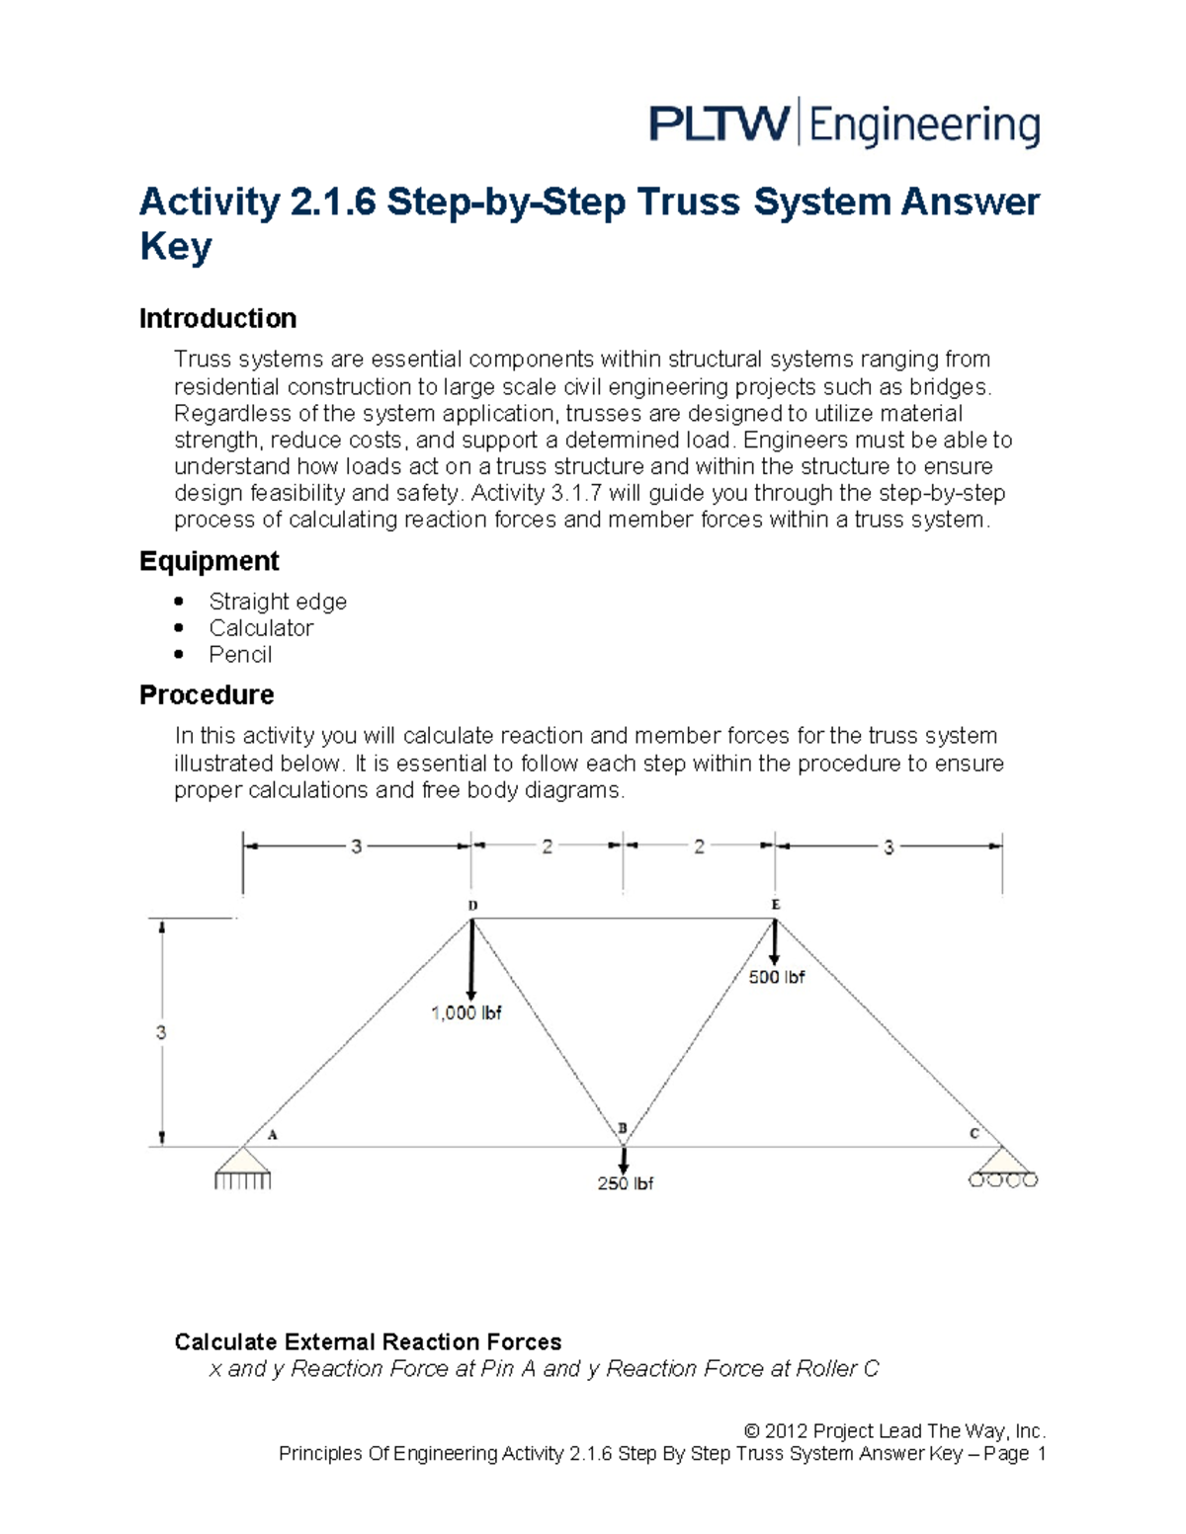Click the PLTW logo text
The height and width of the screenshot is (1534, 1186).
tap(719, 125)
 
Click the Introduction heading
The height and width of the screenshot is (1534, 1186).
tap(217, 318)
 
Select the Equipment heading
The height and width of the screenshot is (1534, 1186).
tap(209, 561)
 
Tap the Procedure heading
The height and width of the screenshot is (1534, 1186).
tap(207, 694)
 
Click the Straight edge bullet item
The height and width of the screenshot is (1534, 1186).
tap(277, 602)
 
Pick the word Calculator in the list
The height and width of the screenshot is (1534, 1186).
tap(261, 628)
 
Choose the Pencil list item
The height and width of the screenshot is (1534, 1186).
tap(240, 655)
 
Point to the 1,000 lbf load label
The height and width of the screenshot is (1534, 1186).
tap(466, 1012)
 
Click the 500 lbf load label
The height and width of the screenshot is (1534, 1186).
tap(776, 977)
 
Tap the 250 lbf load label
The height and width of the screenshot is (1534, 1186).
tap(625, 1183)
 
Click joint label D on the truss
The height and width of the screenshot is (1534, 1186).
tap(472, 905)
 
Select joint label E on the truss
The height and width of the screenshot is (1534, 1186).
tap(776, 904)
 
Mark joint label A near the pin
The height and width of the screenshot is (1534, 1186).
tap(273, 1135)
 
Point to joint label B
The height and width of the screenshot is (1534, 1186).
tap(623, 1128)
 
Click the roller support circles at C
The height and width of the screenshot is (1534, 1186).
tap(1003, 1179)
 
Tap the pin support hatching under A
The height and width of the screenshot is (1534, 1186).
tap(242, 1179)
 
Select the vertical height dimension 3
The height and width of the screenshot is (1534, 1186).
tap(161, 1032)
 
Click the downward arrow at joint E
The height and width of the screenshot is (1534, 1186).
tap(775, 943)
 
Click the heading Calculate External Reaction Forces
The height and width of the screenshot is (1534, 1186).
tap(368, 1341)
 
